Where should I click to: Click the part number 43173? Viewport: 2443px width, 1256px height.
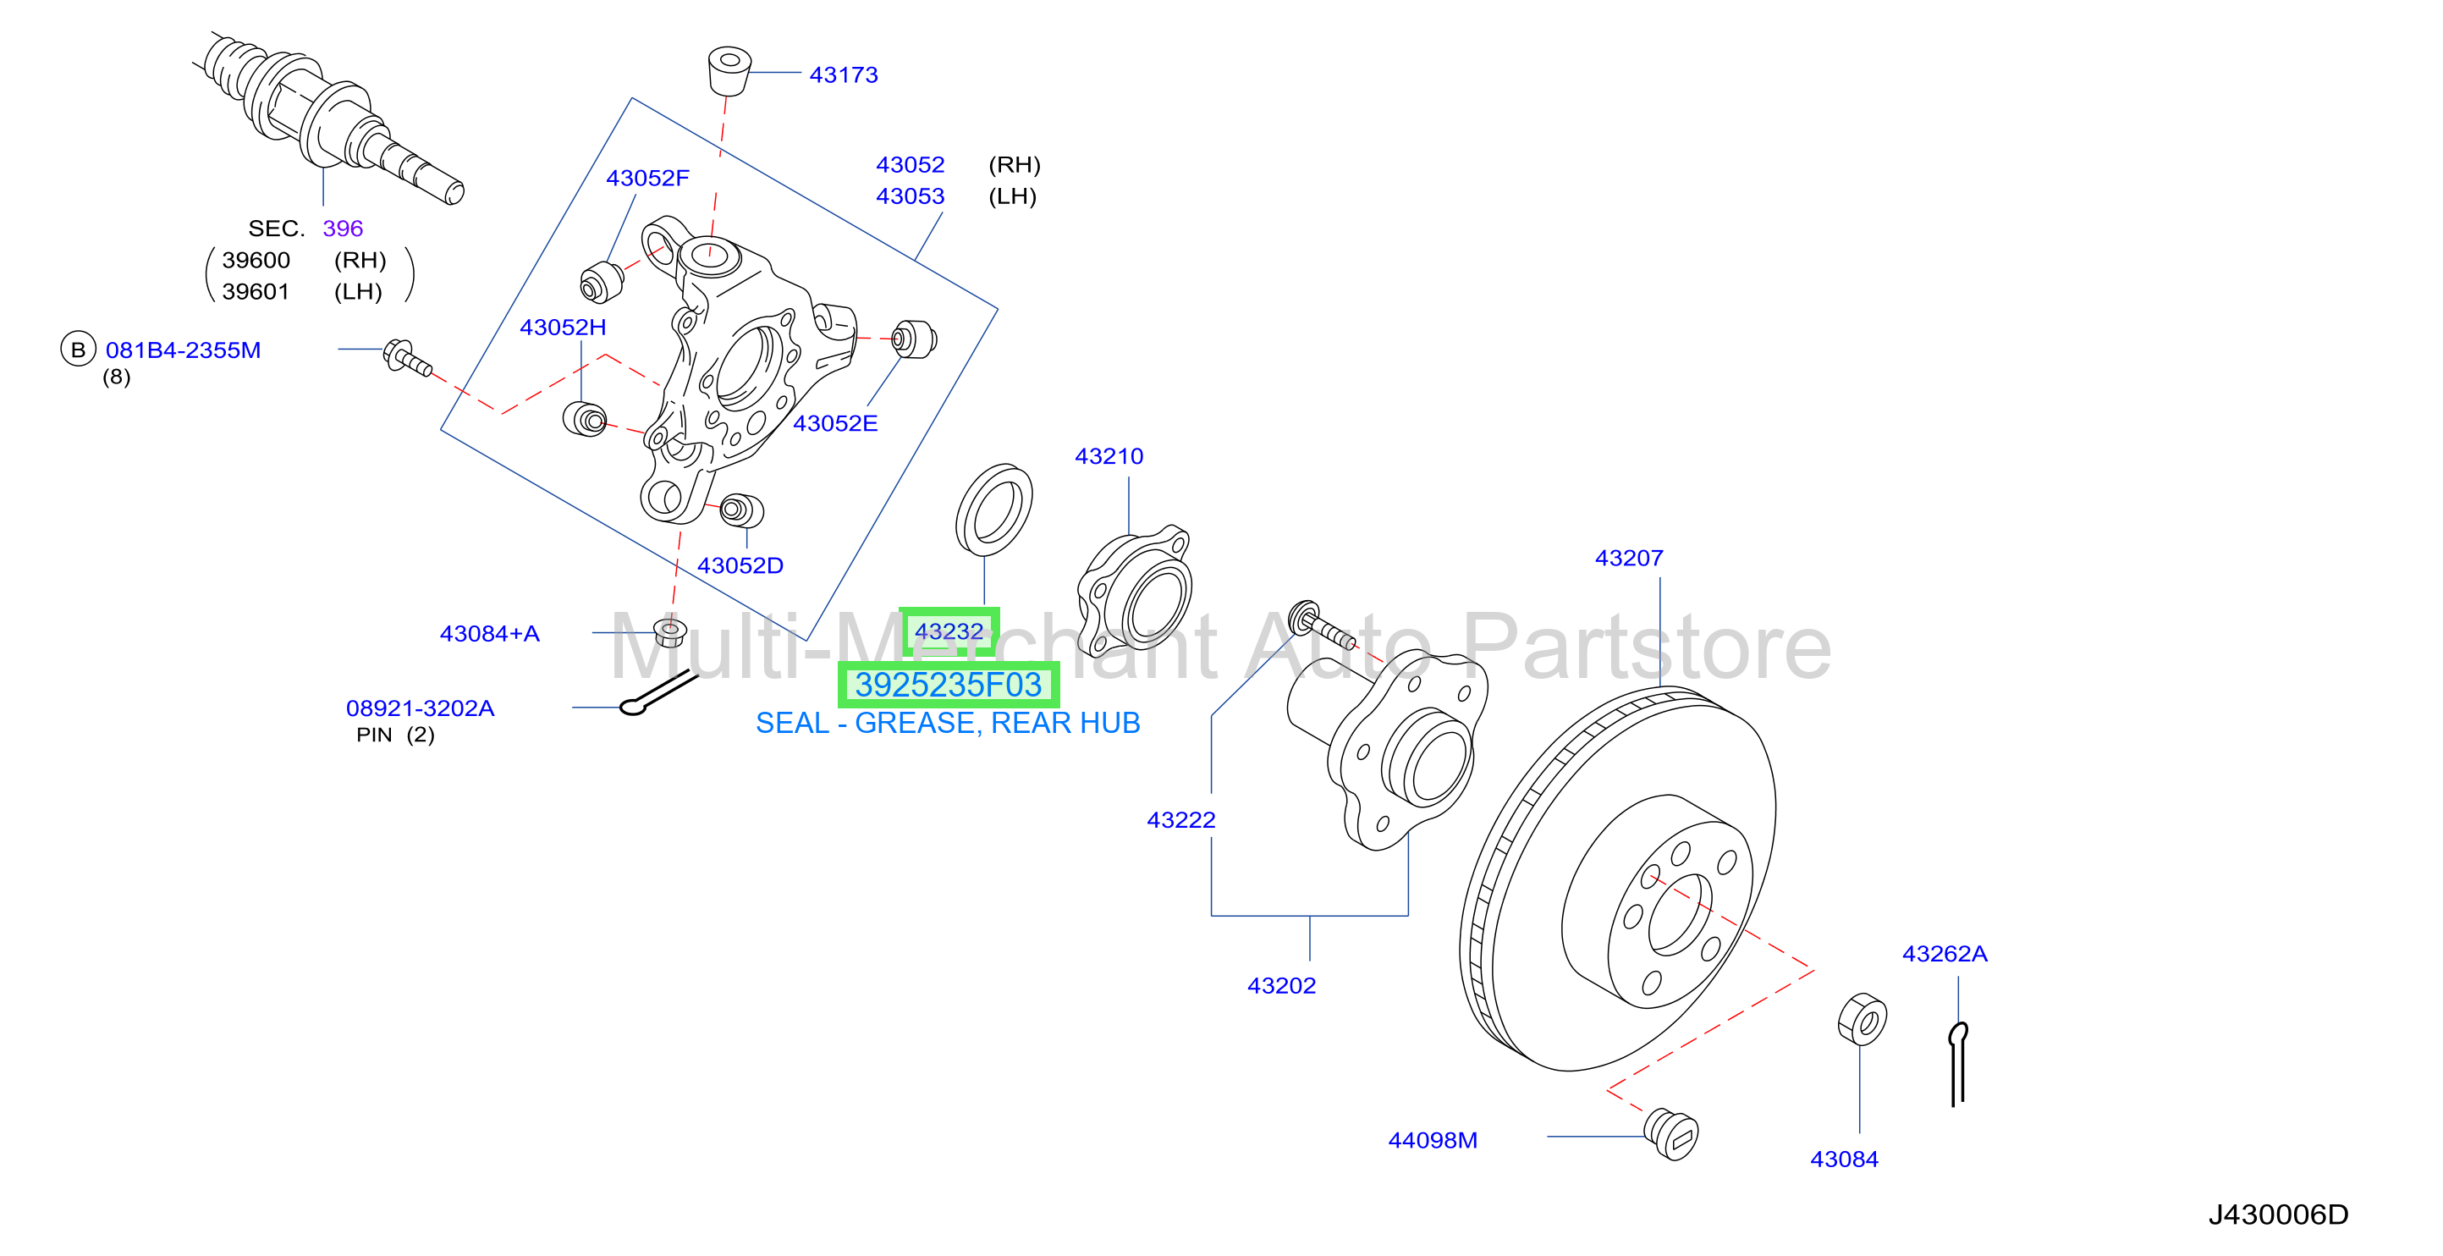point(843,75)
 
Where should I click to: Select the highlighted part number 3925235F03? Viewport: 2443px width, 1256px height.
point(949,685)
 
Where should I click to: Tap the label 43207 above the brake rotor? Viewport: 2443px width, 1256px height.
point(1628,558)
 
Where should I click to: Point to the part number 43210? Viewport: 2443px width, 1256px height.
point(1109,456)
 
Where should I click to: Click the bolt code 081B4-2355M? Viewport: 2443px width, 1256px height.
point(183,350)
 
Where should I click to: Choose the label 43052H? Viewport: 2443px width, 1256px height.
point(563,328)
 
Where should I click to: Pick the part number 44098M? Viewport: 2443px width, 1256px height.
point(1432,1140)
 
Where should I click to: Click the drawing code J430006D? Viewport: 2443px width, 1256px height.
point(2278,1215)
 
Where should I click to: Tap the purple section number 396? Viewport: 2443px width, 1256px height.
point(343,229)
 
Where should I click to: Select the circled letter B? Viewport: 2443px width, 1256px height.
point(79,349)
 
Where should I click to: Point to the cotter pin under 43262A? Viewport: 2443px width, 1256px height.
point(1957,1063)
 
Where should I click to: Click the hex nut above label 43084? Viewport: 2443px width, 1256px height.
point(1862,1020)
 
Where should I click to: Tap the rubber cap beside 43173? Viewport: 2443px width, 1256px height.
point(729,71)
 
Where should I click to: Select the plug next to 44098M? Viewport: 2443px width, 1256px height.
point(1671,1133)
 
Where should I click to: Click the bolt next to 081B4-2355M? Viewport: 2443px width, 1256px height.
point(407,358)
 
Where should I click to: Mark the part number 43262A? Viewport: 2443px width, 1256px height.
point(1944,953)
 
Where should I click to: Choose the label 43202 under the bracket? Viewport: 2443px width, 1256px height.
point(1281,986)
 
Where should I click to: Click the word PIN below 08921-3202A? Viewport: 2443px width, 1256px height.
point(374,735)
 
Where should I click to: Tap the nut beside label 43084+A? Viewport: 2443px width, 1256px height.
point(670,631)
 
